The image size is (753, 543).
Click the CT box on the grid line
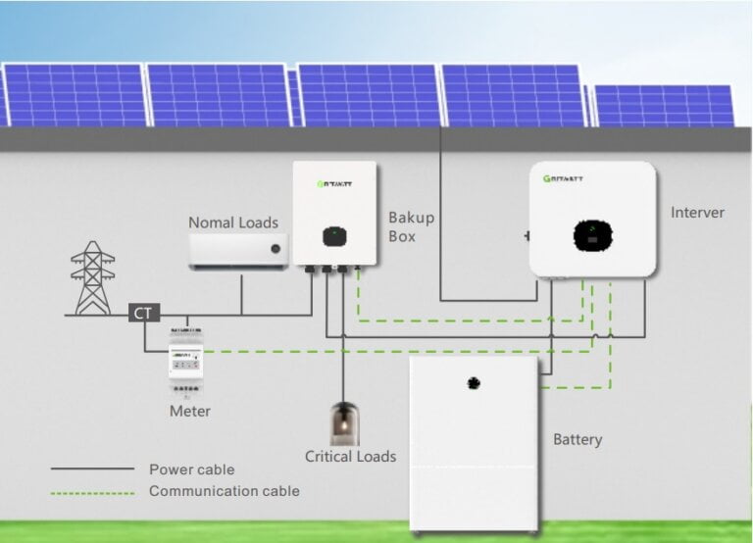[144, 314]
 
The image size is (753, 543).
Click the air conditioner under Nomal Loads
[240, 250]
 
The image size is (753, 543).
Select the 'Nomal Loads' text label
[233, 222]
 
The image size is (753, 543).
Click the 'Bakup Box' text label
[411, 226]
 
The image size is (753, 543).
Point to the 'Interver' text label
[697, 213]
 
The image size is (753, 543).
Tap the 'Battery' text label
[577, 439]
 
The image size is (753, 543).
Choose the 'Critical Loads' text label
[350, 457]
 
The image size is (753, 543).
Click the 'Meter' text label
[189, 411]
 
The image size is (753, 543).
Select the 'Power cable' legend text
[191, 469]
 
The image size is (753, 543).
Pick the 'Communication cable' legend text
[224, 491]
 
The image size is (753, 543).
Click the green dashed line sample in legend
[92, 491]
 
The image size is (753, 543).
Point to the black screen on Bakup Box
[335, 236]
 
